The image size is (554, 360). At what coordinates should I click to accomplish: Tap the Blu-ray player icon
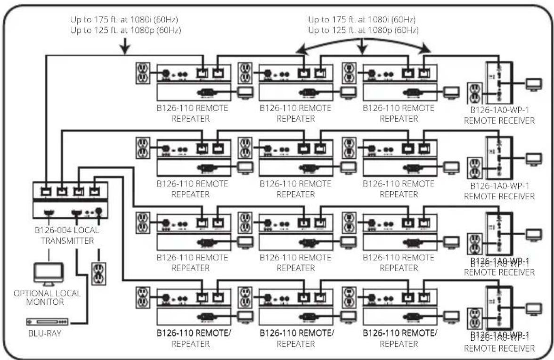click(47, 322)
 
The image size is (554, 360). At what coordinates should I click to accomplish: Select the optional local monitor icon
click(48, 274)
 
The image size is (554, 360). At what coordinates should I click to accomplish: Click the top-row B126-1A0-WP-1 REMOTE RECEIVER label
click(499, 116)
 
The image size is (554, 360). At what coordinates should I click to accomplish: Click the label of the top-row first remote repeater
click(192, 113)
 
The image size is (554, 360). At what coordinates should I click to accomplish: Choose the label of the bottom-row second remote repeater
click(297, 338)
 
